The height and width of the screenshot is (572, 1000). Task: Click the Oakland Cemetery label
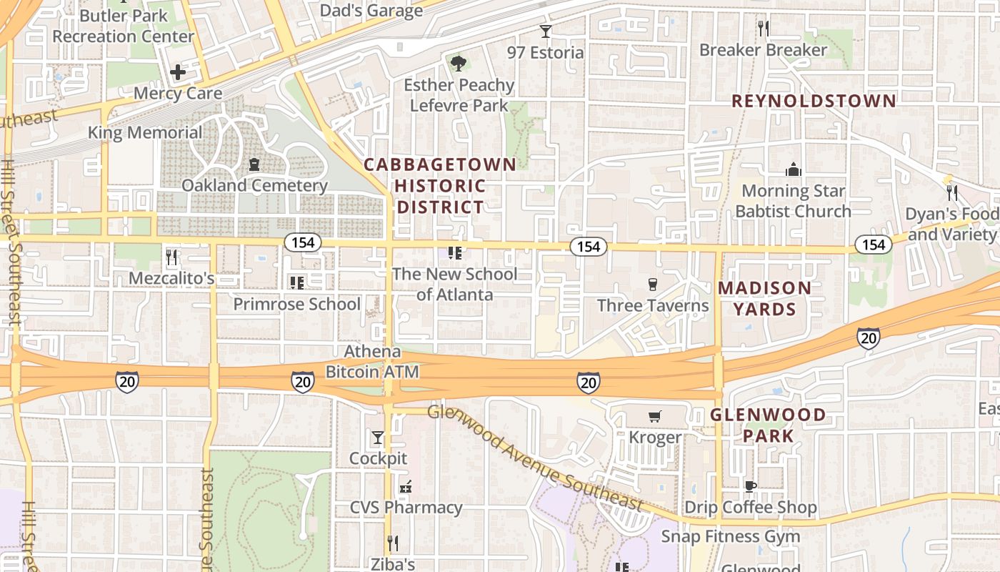pyautogui.click(x=254, y=185)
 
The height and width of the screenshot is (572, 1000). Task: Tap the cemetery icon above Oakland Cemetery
pyautogui.click(x=254, y=165)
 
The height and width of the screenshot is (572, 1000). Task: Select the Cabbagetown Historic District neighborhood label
pyautogui.click(x=440, y=186)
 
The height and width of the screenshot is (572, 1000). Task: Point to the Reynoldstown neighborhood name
pyautogui.click(x=814, y=101)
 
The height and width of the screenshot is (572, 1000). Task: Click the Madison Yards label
pyautogui.click(x=764, y=298)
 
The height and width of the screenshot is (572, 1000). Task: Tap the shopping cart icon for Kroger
pyautogui.click(x=654, y=416)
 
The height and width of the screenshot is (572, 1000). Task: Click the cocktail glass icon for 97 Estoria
pyautogui.click(x=546, y=31)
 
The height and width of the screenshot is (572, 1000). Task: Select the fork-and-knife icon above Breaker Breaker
pyautogui.click(x=763, y=29)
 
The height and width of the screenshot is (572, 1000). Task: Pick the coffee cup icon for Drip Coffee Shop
pyautogui.click(x=750, y=486)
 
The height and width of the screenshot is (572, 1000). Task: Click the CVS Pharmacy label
pyautogui.click(x=406, y=508)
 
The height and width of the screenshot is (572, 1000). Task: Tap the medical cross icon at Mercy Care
pyautogui.click(x=177, y=72)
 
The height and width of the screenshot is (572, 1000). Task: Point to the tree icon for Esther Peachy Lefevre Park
pyautogui.click(x=458, y=64)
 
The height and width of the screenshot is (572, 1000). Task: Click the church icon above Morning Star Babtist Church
pyautogui.click(x=793, y=169)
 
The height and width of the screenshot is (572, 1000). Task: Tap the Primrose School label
pyautogui.click(x=296, y=304)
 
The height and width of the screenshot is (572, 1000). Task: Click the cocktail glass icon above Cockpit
pyautogui.click(x=378, y=437)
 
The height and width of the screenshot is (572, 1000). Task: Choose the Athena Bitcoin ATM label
pyautogui.click(x=372, y=362)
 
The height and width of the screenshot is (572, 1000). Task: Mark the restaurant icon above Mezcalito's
pyautogui.click(x=171, y=257)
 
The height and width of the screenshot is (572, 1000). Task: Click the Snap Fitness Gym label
pyautogui.click(x=729, y=536)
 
